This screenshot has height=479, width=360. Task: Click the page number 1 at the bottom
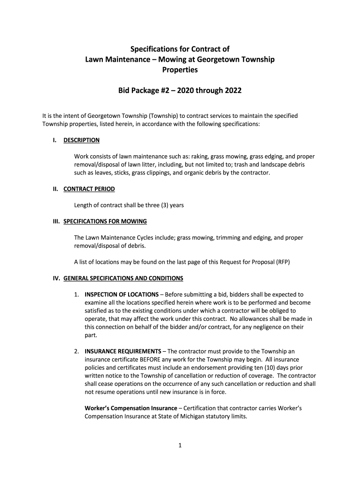(x=180, y=446)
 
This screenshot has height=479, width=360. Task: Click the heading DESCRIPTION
(x=81, y=140)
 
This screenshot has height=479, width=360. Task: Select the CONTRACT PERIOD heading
(x=89, y=189)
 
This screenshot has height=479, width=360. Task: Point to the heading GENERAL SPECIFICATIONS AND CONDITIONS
(x=123, y=278)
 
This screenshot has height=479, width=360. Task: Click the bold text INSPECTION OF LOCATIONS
(x=122, y=295)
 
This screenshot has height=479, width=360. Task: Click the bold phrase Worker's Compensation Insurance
(x=130, y=408)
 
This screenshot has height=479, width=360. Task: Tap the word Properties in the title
(x=180, y=70)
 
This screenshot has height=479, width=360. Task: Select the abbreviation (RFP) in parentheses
(x=282, y=262)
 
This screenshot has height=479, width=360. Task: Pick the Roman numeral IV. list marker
(x=56, y=278)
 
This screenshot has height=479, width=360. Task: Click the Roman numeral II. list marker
(x=55, y=189)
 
